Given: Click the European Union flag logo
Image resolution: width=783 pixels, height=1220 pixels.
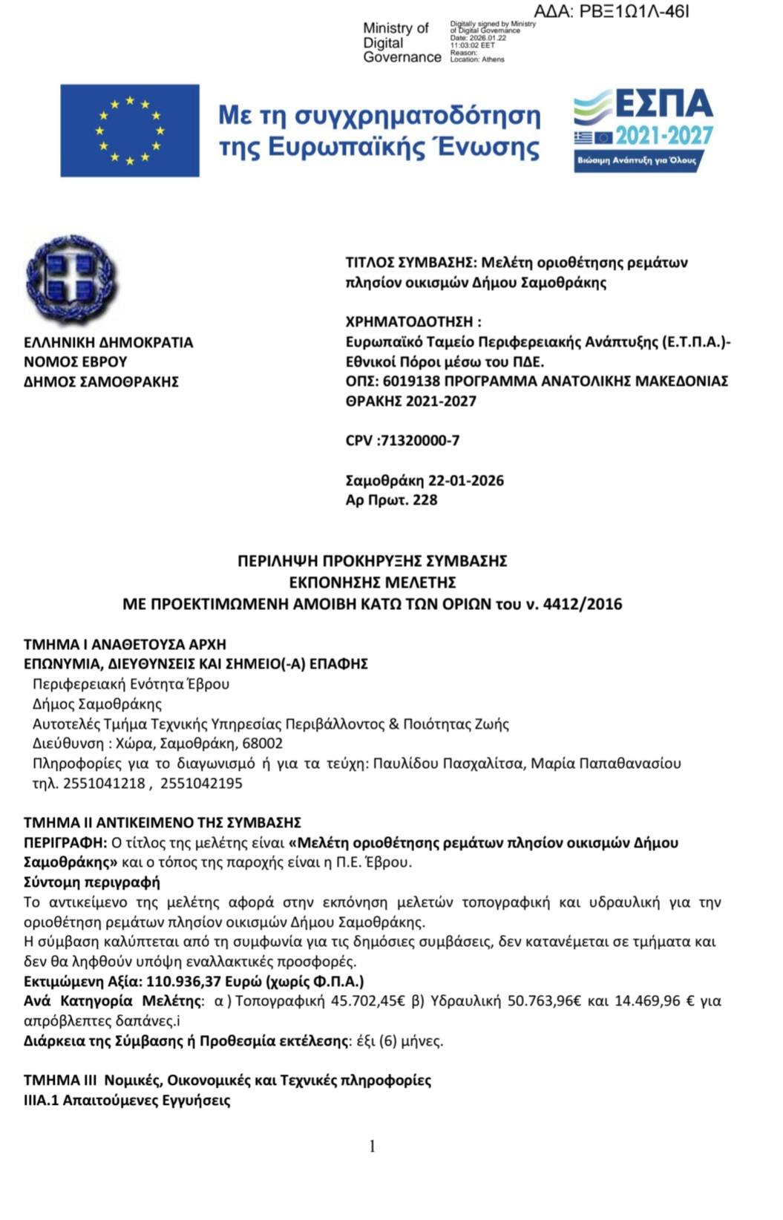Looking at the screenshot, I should tap(130, 131).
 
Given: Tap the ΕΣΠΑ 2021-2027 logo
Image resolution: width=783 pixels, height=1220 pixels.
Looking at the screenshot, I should tap(643, 130).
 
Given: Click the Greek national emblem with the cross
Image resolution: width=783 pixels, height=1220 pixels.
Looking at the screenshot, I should tap(71, 281).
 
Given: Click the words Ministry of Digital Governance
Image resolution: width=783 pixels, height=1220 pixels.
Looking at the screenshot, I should tap(401, 42).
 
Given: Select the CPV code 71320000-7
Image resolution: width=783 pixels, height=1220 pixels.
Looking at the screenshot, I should tap(419, 441).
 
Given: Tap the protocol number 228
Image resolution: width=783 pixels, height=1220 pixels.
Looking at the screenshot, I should tap(425, 500).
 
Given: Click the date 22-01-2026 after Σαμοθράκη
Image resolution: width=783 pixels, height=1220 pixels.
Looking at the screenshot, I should tap(467, 480).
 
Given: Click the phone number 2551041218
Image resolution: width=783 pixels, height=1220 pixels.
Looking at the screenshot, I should tap(104, 784).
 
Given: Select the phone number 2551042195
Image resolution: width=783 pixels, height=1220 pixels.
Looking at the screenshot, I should tap(201, 784).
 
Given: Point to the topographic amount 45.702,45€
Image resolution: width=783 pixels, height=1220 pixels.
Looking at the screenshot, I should tap(367, 1001).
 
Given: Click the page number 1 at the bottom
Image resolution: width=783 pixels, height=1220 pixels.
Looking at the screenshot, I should tap(373, 1147).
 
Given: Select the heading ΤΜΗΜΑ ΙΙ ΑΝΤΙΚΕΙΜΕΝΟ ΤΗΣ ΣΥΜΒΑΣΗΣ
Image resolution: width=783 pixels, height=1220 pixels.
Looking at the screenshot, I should tap(163, 823).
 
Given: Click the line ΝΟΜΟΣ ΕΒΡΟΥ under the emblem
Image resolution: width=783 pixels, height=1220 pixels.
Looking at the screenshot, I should tap(76, 362).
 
